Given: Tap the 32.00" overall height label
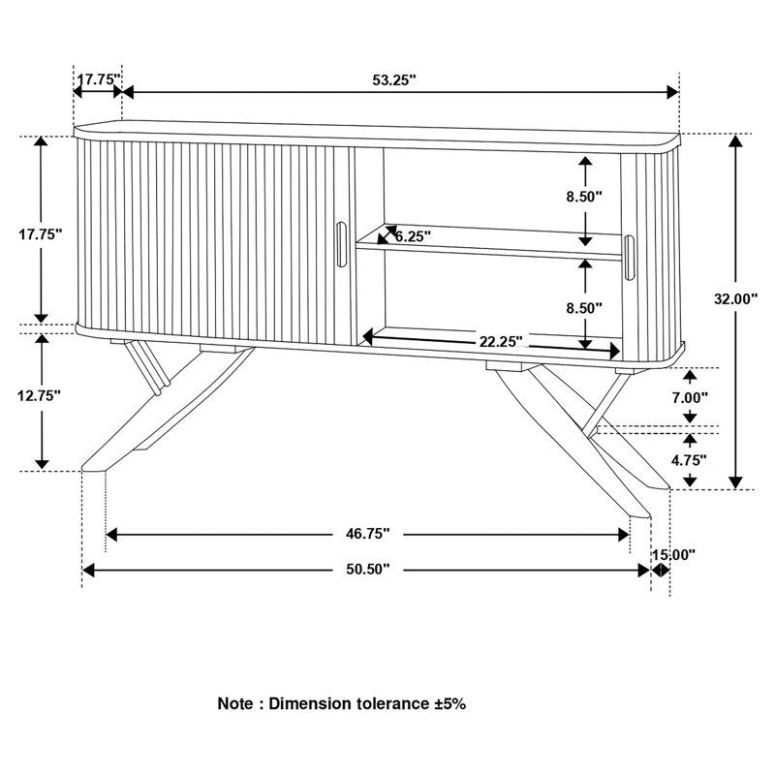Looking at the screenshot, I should coord(734,299).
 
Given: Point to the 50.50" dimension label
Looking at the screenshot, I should coord(367,570).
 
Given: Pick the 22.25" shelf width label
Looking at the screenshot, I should coord(500,341).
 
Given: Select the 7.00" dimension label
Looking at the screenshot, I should coord(689,397).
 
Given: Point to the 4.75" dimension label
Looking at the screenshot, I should coord(689,460).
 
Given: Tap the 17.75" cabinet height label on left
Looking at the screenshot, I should coord(41,233).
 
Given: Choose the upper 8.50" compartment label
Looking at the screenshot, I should coord(584,198).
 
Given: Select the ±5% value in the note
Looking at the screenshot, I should coord(448,703).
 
